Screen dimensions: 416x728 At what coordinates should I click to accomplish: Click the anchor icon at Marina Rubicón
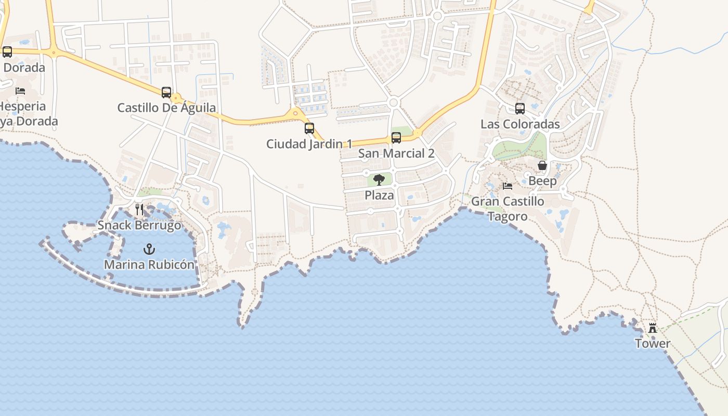pyautogui.click(x=149, y=249)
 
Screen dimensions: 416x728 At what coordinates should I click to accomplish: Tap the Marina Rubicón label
pyautogui.click(x=149, y=265)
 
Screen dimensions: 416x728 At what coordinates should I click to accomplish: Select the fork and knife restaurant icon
pyautogui.click(x=139, y=210)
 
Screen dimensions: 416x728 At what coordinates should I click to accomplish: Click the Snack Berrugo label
pyautogui.click(x=139, y=226)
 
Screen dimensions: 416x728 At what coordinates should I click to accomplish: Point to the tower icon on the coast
pyautogui.click(x=652, y=328)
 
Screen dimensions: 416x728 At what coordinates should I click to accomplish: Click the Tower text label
pyautogui.click(x=653, y=344)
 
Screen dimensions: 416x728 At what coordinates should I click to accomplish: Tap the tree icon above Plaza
pyautogui.click(x=379, y=180)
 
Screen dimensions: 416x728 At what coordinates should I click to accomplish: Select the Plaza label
pyautogui.click(x=379, y=196)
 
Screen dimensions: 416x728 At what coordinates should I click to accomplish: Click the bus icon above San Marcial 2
pyautogui.click(x=396, y=138)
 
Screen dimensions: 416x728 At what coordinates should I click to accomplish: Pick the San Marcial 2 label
pyautogui.click(x=396, y=153)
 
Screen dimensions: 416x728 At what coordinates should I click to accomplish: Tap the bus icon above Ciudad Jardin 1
pyautogui.click(x=309, y=128)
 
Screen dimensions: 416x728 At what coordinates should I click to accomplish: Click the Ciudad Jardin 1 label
pyautogui.click(x=309, y=144)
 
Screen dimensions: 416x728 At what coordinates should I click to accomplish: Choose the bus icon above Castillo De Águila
pyautogui.click(x=166, y=93)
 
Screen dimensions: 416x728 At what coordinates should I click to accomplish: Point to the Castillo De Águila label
pyautogui.click(x=166, y=108)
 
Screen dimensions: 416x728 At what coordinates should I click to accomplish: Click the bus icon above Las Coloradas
pyautogui.click(x=520, y=109)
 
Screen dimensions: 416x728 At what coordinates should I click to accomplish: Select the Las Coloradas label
pyautogui.click(x=520, y=124)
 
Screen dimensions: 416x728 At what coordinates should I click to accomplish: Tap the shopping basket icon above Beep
pyautogui.click(x=542, y=165)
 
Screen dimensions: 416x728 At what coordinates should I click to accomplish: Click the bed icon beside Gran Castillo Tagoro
pyautogui.click(x=508, y=186)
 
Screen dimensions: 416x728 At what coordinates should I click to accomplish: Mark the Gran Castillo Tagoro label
pyautogui.click(x=508, y=209)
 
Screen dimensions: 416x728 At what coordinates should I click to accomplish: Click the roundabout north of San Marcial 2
pyautogui.click(x=393, y=102)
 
